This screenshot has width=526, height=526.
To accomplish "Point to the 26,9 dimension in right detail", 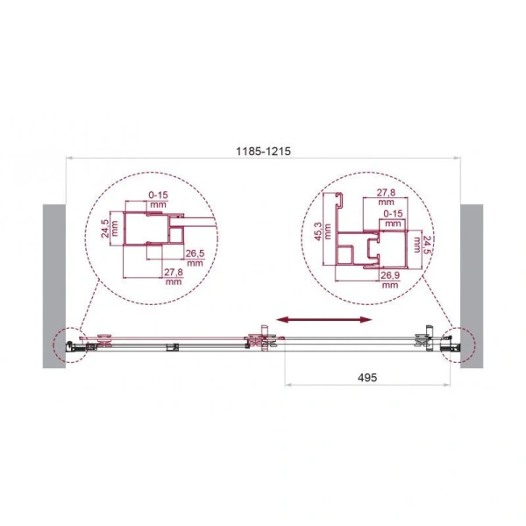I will [387, 277].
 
